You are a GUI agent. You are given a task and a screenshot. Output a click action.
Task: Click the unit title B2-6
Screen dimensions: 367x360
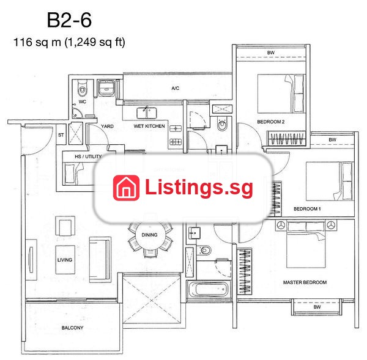pyautogui.click(x=69, y=20)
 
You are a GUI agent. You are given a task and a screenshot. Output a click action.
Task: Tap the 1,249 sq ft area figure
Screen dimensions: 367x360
pyautogui.click(x=95, y=42)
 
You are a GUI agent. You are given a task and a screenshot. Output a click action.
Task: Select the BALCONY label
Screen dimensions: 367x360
pyautogui.click(x=72, y=328)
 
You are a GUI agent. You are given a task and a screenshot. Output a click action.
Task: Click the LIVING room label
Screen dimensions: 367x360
pyautogui.click(x=65, y=260)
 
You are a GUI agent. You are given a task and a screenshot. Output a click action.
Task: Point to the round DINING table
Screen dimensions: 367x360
pyautogui.click(x=150, y=235)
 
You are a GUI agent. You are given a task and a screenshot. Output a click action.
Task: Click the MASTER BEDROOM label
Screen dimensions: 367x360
pyautogui.click(x=305, y=282)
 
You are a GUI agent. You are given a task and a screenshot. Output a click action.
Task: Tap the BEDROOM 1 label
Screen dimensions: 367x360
pyautogui.click(x=307, y=208)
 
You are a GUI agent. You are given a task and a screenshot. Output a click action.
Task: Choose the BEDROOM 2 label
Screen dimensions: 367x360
pyautogui.click(x=271, y=122)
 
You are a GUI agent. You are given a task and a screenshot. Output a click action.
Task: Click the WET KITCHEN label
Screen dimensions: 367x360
pyautogui.click(x=149, y=126)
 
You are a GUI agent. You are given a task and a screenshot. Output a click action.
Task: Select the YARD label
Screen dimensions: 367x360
pyautogui.click(x=107, y=127)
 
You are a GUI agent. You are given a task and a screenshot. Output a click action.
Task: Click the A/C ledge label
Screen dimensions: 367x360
pyautogui.click(x=176, y=88)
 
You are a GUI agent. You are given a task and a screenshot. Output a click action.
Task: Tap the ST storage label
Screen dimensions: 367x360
pyautogui.click(x=61, y=135)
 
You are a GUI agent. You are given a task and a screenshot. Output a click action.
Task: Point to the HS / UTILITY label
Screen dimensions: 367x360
pyautogui.click(x=88, y=156)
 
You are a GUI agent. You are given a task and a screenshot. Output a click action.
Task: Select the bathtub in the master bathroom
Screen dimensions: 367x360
pyautogui.click(x=209, y=289)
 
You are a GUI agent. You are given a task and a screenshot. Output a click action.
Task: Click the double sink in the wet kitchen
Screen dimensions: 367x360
pyautogui.click(x=147, y=112)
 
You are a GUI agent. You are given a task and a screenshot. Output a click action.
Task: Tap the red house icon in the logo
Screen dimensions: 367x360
pyautogui.click(x=127, y=188)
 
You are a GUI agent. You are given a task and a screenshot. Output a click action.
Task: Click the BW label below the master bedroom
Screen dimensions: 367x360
pyautogui.click(x=317, y=307)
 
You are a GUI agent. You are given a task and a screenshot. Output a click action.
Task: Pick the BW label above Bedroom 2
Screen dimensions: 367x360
pyautogui.click(x=271, y=53)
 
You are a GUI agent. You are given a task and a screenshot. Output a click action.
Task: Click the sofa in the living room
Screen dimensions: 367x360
pyautogui.click(x=100, y=260)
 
